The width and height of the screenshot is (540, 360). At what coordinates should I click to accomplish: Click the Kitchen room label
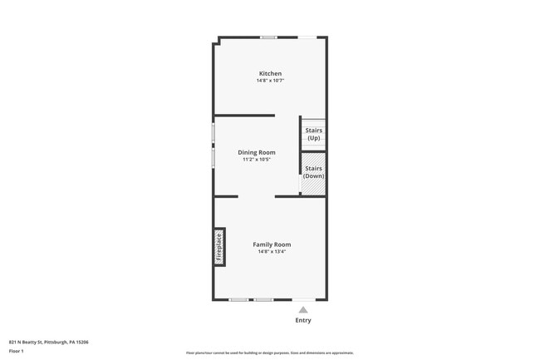point(270,74)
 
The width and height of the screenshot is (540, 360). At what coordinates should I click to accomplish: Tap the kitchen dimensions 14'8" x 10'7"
point(270,81)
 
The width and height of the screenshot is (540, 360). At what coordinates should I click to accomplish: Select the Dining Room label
point(257,152)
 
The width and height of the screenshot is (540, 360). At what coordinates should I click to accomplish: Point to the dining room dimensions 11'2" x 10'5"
point(257,160)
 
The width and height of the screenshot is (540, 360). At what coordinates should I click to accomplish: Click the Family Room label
point(272,244)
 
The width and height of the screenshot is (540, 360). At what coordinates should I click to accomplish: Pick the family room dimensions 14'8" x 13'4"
point(272,252)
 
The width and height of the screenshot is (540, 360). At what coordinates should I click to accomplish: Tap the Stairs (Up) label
point(313,134)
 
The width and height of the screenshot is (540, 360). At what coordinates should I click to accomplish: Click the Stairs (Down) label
point(313,172)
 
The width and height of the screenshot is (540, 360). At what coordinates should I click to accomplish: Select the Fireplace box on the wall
point(219,247)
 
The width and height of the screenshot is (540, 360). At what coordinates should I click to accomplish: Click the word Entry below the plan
point(303,320)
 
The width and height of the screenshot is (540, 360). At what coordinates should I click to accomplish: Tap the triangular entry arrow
point(303,309)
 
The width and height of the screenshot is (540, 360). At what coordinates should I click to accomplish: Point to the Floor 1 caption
point(17,351)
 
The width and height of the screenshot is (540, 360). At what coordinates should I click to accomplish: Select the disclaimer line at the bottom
point(269,353)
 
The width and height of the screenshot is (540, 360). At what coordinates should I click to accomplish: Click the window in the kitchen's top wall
point(268,37)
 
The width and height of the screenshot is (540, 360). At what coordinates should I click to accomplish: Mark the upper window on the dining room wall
point(214,131)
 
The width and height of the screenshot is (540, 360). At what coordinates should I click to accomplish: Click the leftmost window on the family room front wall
point(238,299)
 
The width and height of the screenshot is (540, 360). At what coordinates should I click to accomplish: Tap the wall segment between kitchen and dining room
point(244,116)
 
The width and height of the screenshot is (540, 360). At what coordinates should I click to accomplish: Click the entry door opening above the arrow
point(303,299)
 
